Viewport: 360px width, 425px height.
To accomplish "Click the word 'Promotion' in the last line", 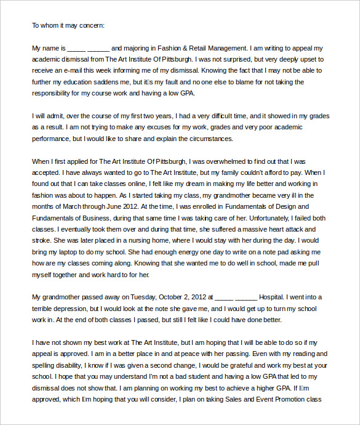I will (x=289, y=399).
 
